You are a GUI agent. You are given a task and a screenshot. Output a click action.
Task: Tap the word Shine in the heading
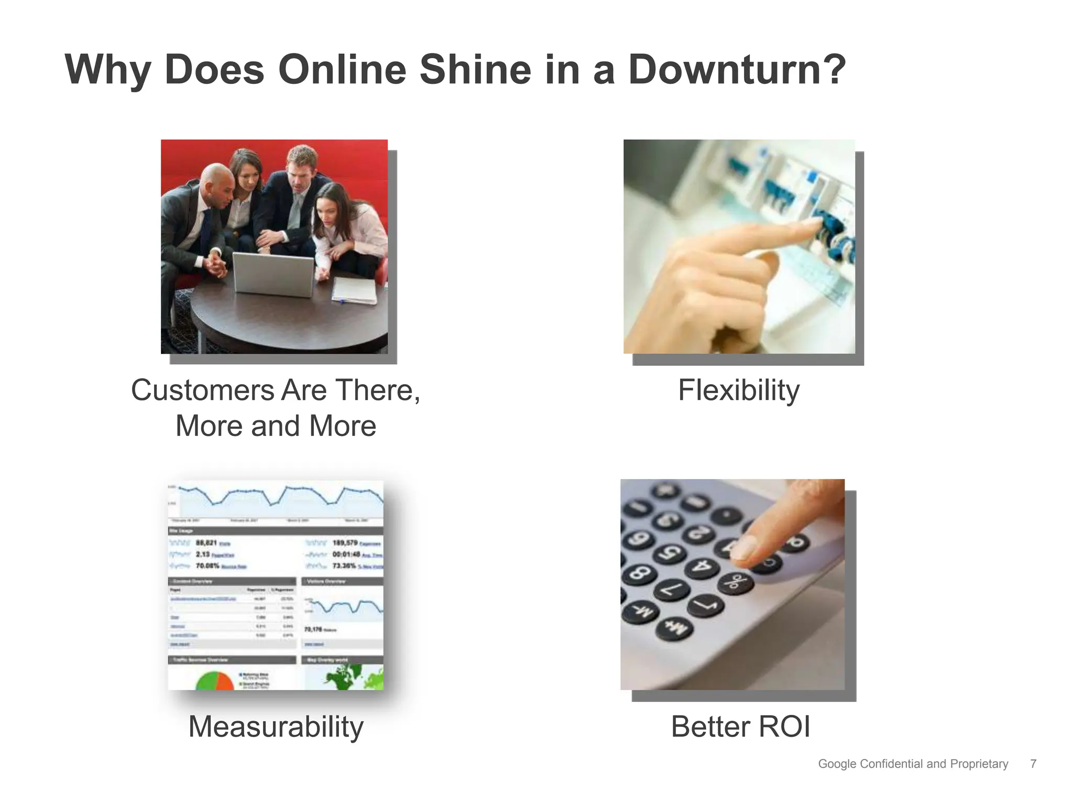[x=475, y=70]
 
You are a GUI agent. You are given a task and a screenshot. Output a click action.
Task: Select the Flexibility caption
[x=739, y=390]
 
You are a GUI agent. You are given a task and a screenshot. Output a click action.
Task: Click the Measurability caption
[x=276, y=727]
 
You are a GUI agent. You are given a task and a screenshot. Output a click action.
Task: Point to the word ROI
[x=784, y=727]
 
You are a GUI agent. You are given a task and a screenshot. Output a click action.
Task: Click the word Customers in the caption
[x=202, y=390]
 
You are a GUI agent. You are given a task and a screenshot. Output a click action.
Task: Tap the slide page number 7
[x=1033, y=764]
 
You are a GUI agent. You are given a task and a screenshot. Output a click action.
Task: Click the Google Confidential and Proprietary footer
[x=913, y=764]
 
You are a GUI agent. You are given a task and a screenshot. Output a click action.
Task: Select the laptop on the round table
[x=273, y=274]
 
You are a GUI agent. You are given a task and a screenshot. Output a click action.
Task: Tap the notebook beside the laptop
[x=355, y=290]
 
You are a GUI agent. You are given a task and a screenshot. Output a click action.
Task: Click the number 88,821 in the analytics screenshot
[x=206, y=543]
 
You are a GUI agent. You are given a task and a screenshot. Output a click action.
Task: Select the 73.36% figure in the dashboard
[x=344, y=565]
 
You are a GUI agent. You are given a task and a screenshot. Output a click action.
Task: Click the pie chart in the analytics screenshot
[x=214, y=681]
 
